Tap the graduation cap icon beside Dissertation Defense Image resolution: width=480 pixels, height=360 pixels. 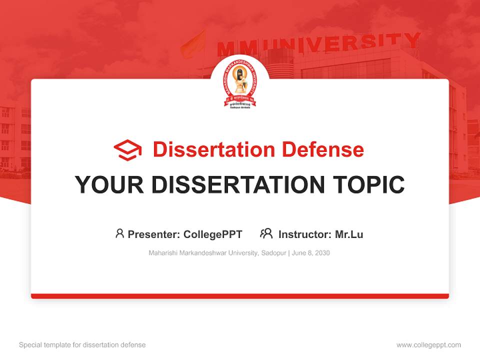127,150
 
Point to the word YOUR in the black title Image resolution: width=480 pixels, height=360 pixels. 109,185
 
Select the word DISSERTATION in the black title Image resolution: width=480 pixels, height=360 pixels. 238,185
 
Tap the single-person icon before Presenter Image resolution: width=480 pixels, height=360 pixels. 119,233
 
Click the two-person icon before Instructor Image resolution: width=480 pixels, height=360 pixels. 266,233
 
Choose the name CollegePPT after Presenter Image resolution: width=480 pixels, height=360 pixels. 213,234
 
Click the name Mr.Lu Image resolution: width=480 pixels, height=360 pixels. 349,234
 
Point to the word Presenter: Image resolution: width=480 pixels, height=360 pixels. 154,234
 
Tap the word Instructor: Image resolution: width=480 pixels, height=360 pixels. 304,234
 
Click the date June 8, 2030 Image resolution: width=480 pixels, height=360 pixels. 311,253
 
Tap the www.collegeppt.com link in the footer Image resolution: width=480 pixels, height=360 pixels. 428,345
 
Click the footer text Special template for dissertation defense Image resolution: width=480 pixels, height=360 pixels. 82,345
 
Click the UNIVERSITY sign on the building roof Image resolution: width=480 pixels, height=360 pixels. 345,43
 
